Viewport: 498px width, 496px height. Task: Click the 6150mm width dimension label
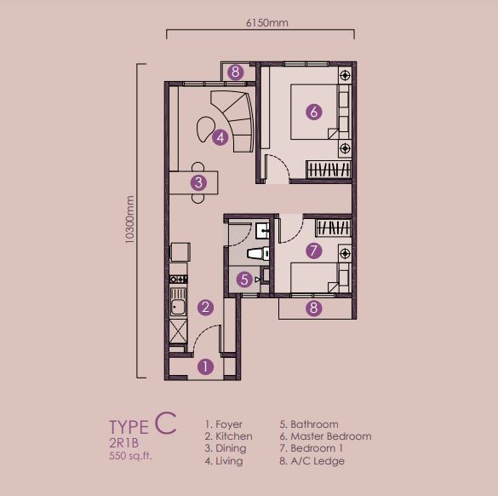(267, 23)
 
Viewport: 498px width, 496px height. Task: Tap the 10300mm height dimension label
(129, 220)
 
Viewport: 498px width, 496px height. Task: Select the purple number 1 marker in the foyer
(205, 367)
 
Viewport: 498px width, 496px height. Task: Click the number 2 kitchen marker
(205, 308)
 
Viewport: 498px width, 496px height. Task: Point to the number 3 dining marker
(199, 182)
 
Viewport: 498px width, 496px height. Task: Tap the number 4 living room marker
(220, 138)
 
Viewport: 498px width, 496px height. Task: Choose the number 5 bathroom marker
(244, 280)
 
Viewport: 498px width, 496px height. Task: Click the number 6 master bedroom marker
(314, 112)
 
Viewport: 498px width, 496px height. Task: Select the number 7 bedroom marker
(314, 251)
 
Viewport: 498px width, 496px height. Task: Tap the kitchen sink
(178, 302)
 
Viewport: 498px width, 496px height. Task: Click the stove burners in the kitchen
(178, 280)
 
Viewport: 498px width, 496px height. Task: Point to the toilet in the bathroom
(259, 253)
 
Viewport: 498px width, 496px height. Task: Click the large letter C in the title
(166, 422)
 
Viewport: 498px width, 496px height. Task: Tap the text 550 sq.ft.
(130, 456)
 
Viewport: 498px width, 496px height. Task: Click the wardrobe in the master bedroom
(329, 169)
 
